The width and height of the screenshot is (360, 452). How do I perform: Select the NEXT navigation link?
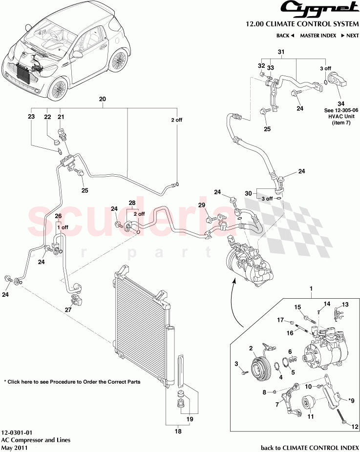tap(350, 36)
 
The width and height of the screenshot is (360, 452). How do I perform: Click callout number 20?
tap(102, 99)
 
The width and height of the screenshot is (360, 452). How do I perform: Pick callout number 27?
tap(68, 309)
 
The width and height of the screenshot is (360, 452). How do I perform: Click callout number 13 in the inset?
tap(345, 304)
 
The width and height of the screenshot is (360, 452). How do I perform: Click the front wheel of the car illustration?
tap(58, 89)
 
